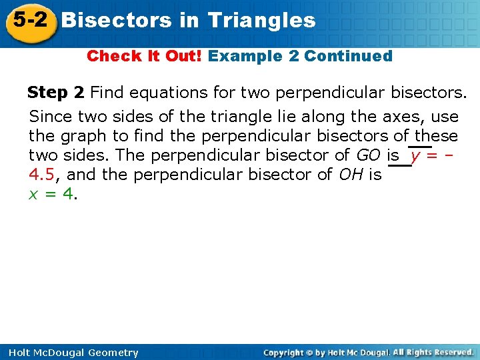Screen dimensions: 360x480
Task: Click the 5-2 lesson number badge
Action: click(28, 19)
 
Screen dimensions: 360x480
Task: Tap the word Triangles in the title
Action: click(261, 20)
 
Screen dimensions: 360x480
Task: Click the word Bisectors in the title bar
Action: click(116, 20)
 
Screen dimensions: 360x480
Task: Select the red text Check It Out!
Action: click(144, 56)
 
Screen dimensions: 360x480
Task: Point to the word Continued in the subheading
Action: click(348, 56)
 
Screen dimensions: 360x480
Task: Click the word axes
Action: click(407, 117)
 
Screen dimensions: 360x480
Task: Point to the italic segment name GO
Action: click(369, 155)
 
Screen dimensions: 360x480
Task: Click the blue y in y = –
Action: click(415, 156)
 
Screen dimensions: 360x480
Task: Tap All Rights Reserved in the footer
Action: click(433, 352)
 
